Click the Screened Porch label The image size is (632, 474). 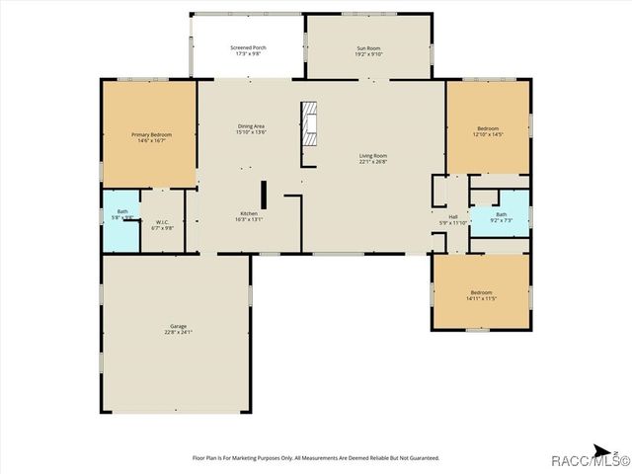(x=248, y=47)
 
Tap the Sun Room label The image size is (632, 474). (x=367, y=48)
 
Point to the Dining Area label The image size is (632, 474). (x=251, y=125)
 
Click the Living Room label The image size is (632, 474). (x=372, y=155)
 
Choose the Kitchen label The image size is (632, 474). (x=249, y=214)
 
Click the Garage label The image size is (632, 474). (x=178, y=326)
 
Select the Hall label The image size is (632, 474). (x=453, y=216)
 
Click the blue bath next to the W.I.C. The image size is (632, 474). (x=122, y=215)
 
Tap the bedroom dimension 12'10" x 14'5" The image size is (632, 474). (x=489, y=134)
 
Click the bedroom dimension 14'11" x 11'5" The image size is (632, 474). (x=481, y=298)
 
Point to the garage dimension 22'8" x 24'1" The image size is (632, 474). (x=178, y=332)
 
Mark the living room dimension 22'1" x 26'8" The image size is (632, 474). (x=372, y=161)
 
